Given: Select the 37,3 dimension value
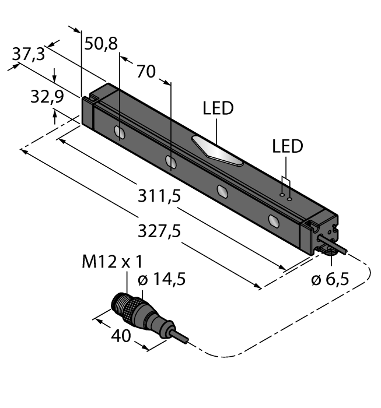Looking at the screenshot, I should [27, 55].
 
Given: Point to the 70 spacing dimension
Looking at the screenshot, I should [146, 72].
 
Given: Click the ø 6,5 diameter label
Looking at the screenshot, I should [330, 279].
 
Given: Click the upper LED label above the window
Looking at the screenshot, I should [218, 109].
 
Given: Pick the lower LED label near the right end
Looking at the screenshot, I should [288, 146].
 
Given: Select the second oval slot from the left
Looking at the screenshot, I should [170, 161].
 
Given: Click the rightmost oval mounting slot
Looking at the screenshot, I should [273, 220].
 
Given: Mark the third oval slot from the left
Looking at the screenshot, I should [222, 191].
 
